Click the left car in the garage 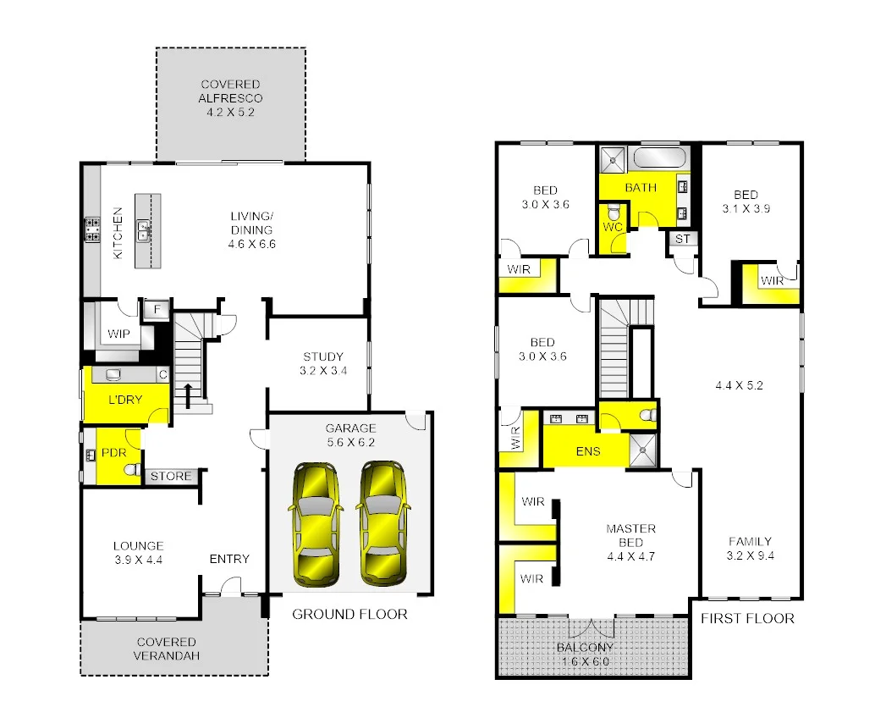point(316,524)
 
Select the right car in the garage point(383,524)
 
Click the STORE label point(171,477)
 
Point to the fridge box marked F point(154,310)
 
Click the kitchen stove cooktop point(92,229)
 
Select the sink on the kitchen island point(144,227)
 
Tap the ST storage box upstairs point(682,240)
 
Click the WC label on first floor point(613,227)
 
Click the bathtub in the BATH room point(660,158)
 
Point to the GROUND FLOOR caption point(349,614)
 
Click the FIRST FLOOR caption point(747,618)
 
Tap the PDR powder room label point(113,453)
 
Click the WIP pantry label point(119,334)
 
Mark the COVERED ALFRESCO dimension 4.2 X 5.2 point(230,111)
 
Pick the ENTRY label point(229,559)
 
